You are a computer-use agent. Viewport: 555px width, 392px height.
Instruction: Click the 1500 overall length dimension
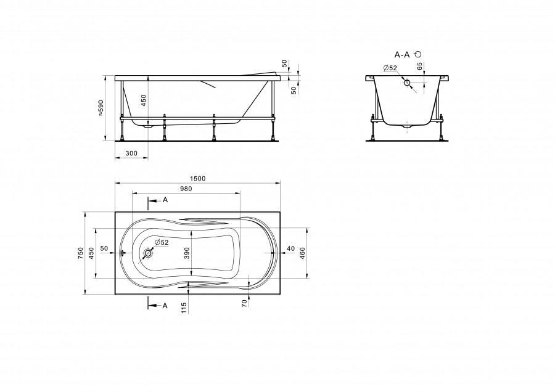tap(197, 179)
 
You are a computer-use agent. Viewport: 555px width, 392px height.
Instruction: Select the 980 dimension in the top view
tap(186, 189)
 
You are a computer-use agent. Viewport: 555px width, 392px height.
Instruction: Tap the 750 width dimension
tap(81, 253)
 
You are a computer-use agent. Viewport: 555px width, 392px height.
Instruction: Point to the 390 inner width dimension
tap(187, 253)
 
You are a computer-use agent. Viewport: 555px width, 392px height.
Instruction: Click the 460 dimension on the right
tap(302, 253)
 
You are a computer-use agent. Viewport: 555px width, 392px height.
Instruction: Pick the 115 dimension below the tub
tap(183, 308)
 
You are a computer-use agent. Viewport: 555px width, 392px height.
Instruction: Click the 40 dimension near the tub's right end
tap(290, 249)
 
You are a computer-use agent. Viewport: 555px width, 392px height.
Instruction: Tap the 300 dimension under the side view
tap(131, 153)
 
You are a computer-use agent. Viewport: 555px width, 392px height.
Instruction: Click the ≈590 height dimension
tap(101, 108)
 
